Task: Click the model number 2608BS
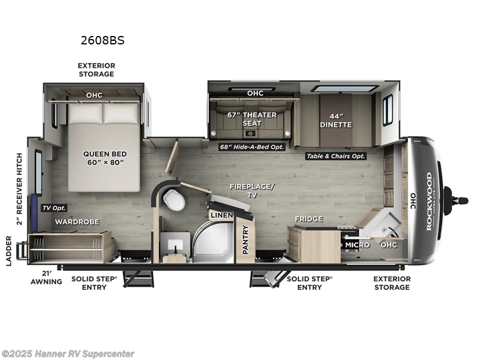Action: click(102, 41)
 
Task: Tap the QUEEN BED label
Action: click(104, 158)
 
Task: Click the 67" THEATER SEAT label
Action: click(252, 119)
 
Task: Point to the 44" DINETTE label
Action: click(335, 120)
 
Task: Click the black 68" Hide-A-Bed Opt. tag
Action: click(251, 146)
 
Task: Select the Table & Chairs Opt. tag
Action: click(335, 156)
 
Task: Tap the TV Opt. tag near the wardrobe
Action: click(54, 208)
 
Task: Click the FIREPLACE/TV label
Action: click(251, 191)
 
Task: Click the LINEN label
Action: click(217, 214)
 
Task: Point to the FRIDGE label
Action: click(308, 219)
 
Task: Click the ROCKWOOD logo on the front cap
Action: click(429, 200)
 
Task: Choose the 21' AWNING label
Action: click(46, 278)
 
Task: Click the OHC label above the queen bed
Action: click(94, 95)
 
